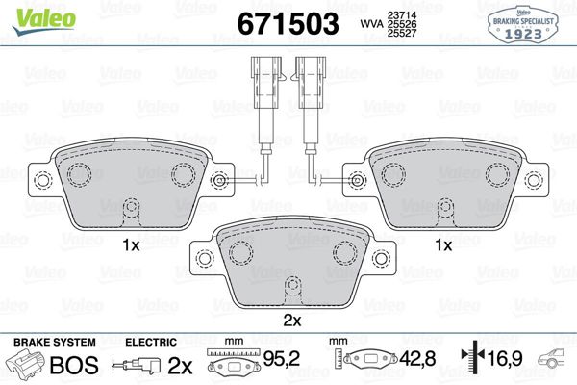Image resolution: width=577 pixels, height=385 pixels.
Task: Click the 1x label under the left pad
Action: [131, 246]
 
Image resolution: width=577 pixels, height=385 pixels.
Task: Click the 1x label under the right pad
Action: [443, 246]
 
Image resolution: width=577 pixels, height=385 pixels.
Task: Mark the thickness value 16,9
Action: [511, 363]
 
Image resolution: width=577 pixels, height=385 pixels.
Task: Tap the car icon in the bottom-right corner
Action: [558, 363]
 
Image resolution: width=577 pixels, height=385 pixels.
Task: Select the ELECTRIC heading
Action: [151, 342]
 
